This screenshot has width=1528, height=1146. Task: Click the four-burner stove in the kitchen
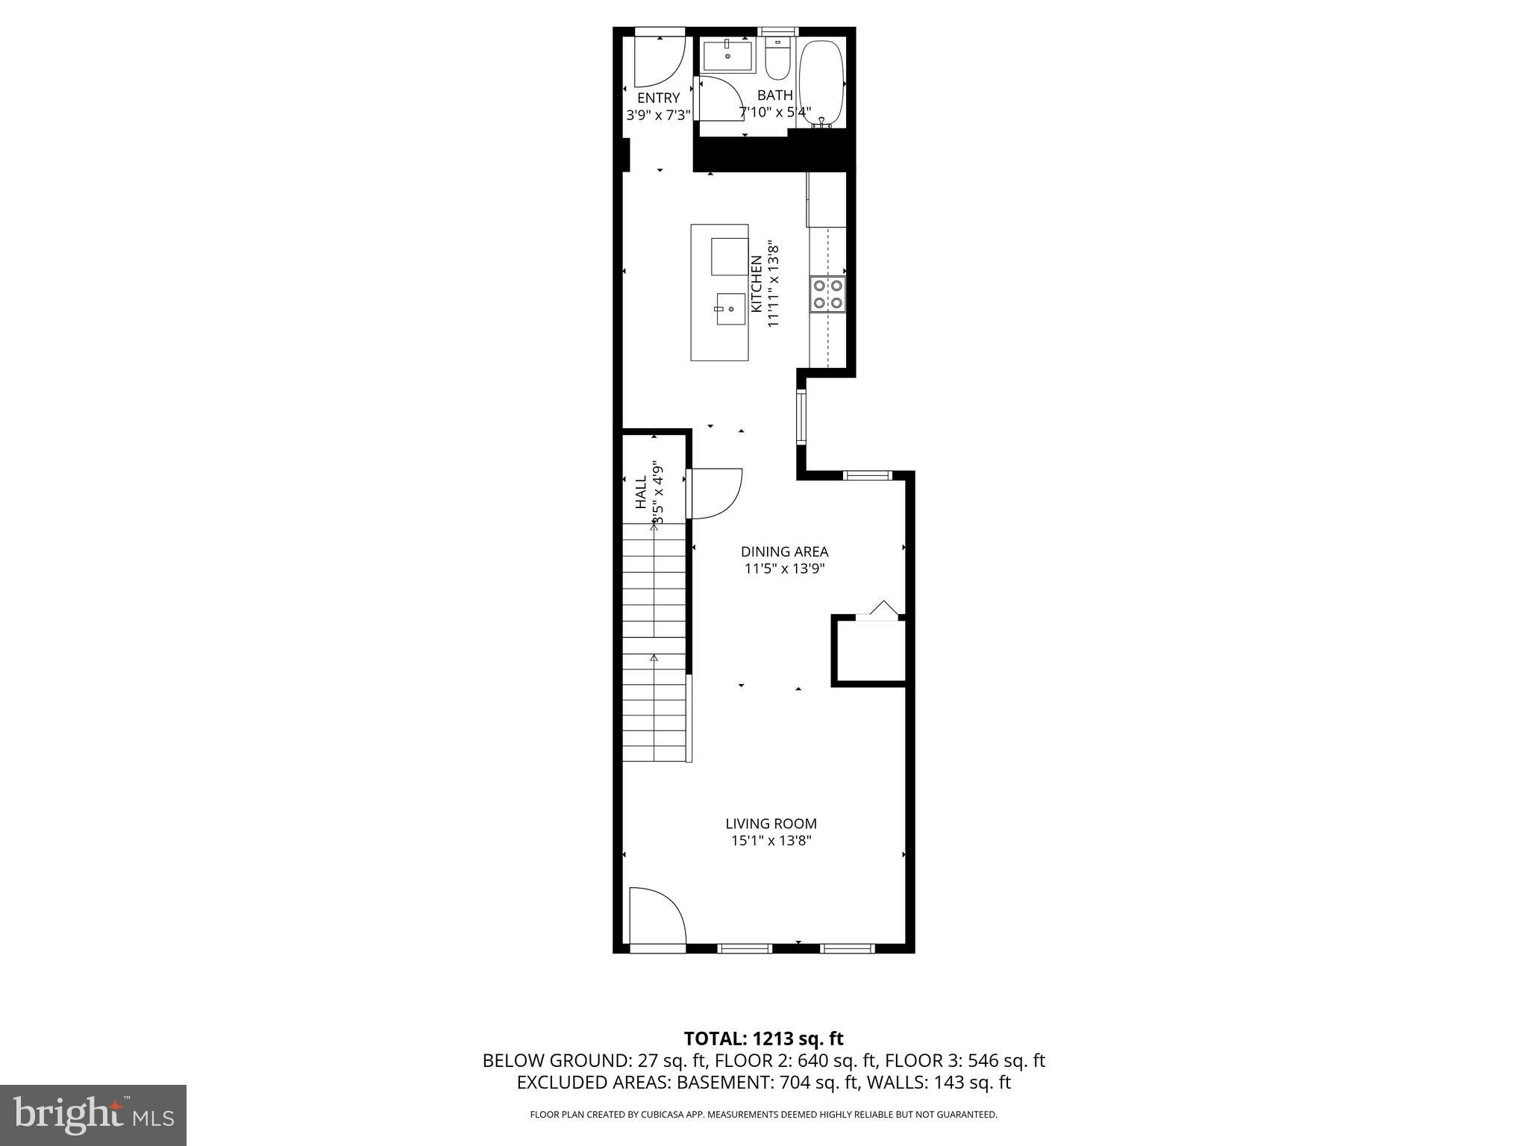[x=827, y=293]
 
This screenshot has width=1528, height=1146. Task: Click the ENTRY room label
[x=658, y=98]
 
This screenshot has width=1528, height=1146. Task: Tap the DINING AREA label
[x=784, y=552]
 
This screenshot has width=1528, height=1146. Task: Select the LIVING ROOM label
[x=771, y=824]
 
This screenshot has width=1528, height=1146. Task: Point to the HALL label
[x=641, y=492]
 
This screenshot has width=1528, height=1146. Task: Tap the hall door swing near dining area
[x=715, y=492]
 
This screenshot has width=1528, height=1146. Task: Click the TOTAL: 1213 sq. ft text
[x=763, y=1039]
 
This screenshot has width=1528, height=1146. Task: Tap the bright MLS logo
[x=93, y=1115]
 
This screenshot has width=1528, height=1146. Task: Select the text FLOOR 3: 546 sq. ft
[x=965, y=1061]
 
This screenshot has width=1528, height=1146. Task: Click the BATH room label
[x=775, y=95]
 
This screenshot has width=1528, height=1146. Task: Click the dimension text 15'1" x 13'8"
[x=771, y=841]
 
